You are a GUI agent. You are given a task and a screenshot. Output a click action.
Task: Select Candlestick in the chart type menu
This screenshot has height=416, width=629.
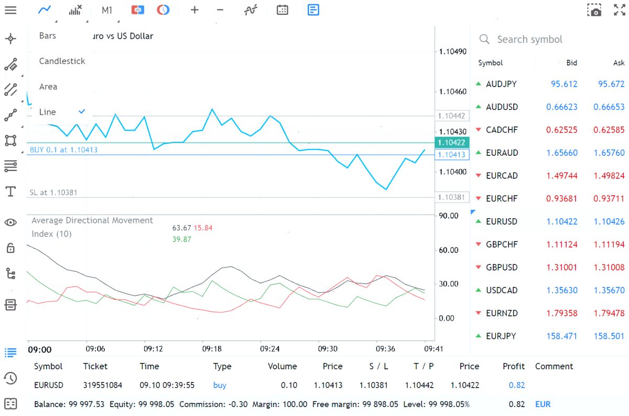[62, 61]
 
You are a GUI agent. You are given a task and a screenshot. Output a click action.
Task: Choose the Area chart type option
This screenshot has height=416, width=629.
[48, 87]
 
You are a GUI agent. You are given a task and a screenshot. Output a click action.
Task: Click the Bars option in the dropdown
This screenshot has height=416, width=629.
[48, 36]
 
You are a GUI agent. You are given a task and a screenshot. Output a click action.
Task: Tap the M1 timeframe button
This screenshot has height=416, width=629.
[107, 10]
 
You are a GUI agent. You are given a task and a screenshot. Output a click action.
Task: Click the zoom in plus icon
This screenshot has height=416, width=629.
[194, 10]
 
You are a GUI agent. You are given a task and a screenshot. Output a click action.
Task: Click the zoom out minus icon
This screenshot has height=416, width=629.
[220, 10]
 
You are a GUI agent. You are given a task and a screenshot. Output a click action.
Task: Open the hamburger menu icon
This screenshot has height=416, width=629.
[10, 10]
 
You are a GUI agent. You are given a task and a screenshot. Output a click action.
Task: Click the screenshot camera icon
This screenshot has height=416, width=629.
[594, 10]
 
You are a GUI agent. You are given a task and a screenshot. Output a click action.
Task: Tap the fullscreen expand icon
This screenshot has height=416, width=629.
[620, 10]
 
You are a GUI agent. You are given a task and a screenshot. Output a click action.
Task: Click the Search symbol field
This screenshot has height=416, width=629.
[529, 39]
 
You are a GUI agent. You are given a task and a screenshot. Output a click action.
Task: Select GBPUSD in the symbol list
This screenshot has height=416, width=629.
[502, 268]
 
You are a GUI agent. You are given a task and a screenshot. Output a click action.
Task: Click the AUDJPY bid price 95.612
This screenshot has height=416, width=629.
[564, 84]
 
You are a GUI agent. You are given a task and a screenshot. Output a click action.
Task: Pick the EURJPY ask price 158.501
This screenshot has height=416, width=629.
[609, 336]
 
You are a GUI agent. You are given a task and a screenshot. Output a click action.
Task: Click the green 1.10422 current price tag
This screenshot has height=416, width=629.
[451, 143]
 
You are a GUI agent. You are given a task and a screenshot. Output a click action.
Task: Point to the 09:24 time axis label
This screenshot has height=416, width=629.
[269, 349]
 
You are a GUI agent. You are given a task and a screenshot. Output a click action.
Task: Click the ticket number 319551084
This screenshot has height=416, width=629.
[103, 385]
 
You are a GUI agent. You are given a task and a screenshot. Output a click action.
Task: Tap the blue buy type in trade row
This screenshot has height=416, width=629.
[220, 386]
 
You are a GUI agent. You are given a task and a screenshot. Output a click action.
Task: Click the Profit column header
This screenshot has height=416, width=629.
[513, 366]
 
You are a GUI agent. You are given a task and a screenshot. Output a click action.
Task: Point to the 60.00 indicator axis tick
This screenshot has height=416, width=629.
[449, 250]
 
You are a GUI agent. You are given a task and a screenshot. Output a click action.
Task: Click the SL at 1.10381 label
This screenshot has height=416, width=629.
[53, 193]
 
